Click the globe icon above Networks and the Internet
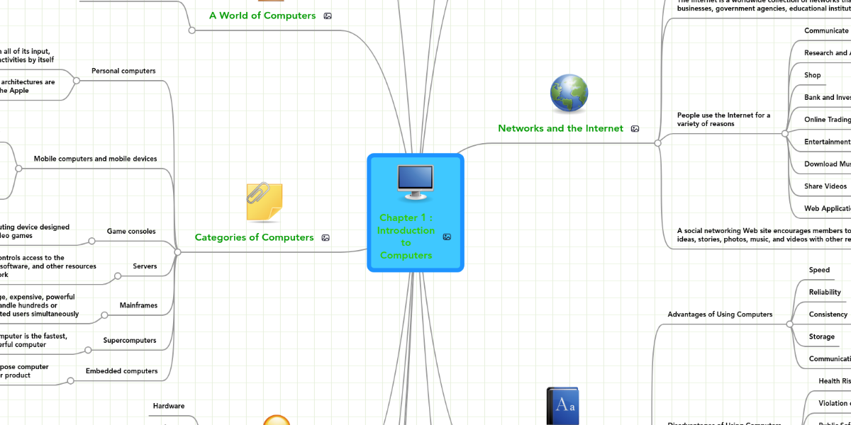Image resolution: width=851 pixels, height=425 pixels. (569, 93)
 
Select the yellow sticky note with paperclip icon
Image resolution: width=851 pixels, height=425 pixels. (264, 202)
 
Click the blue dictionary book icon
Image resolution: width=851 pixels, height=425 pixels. (562, 407)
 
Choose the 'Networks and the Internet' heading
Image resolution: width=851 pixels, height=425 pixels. (560, 128)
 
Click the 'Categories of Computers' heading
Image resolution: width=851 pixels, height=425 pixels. (254, 237)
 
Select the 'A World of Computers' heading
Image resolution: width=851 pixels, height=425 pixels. (262, 16)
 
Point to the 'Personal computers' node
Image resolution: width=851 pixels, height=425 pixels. (123, 71)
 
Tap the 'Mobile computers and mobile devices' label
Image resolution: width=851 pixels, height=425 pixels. (95, 159)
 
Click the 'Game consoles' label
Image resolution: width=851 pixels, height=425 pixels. (131, 231)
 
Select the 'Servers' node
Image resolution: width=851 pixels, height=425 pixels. (145, 266)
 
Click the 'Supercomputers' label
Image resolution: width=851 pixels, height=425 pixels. (129, 340)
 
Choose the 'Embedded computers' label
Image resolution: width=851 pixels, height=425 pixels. (121, 370)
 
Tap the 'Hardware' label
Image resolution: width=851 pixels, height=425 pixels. (169, 406)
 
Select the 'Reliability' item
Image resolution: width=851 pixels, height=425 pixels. (825, 292)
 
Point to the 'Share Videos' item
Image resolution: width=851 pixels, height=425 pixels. (825, 186)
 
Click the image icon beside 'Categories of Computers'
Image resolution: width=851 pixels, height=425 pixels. (326, 238)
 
